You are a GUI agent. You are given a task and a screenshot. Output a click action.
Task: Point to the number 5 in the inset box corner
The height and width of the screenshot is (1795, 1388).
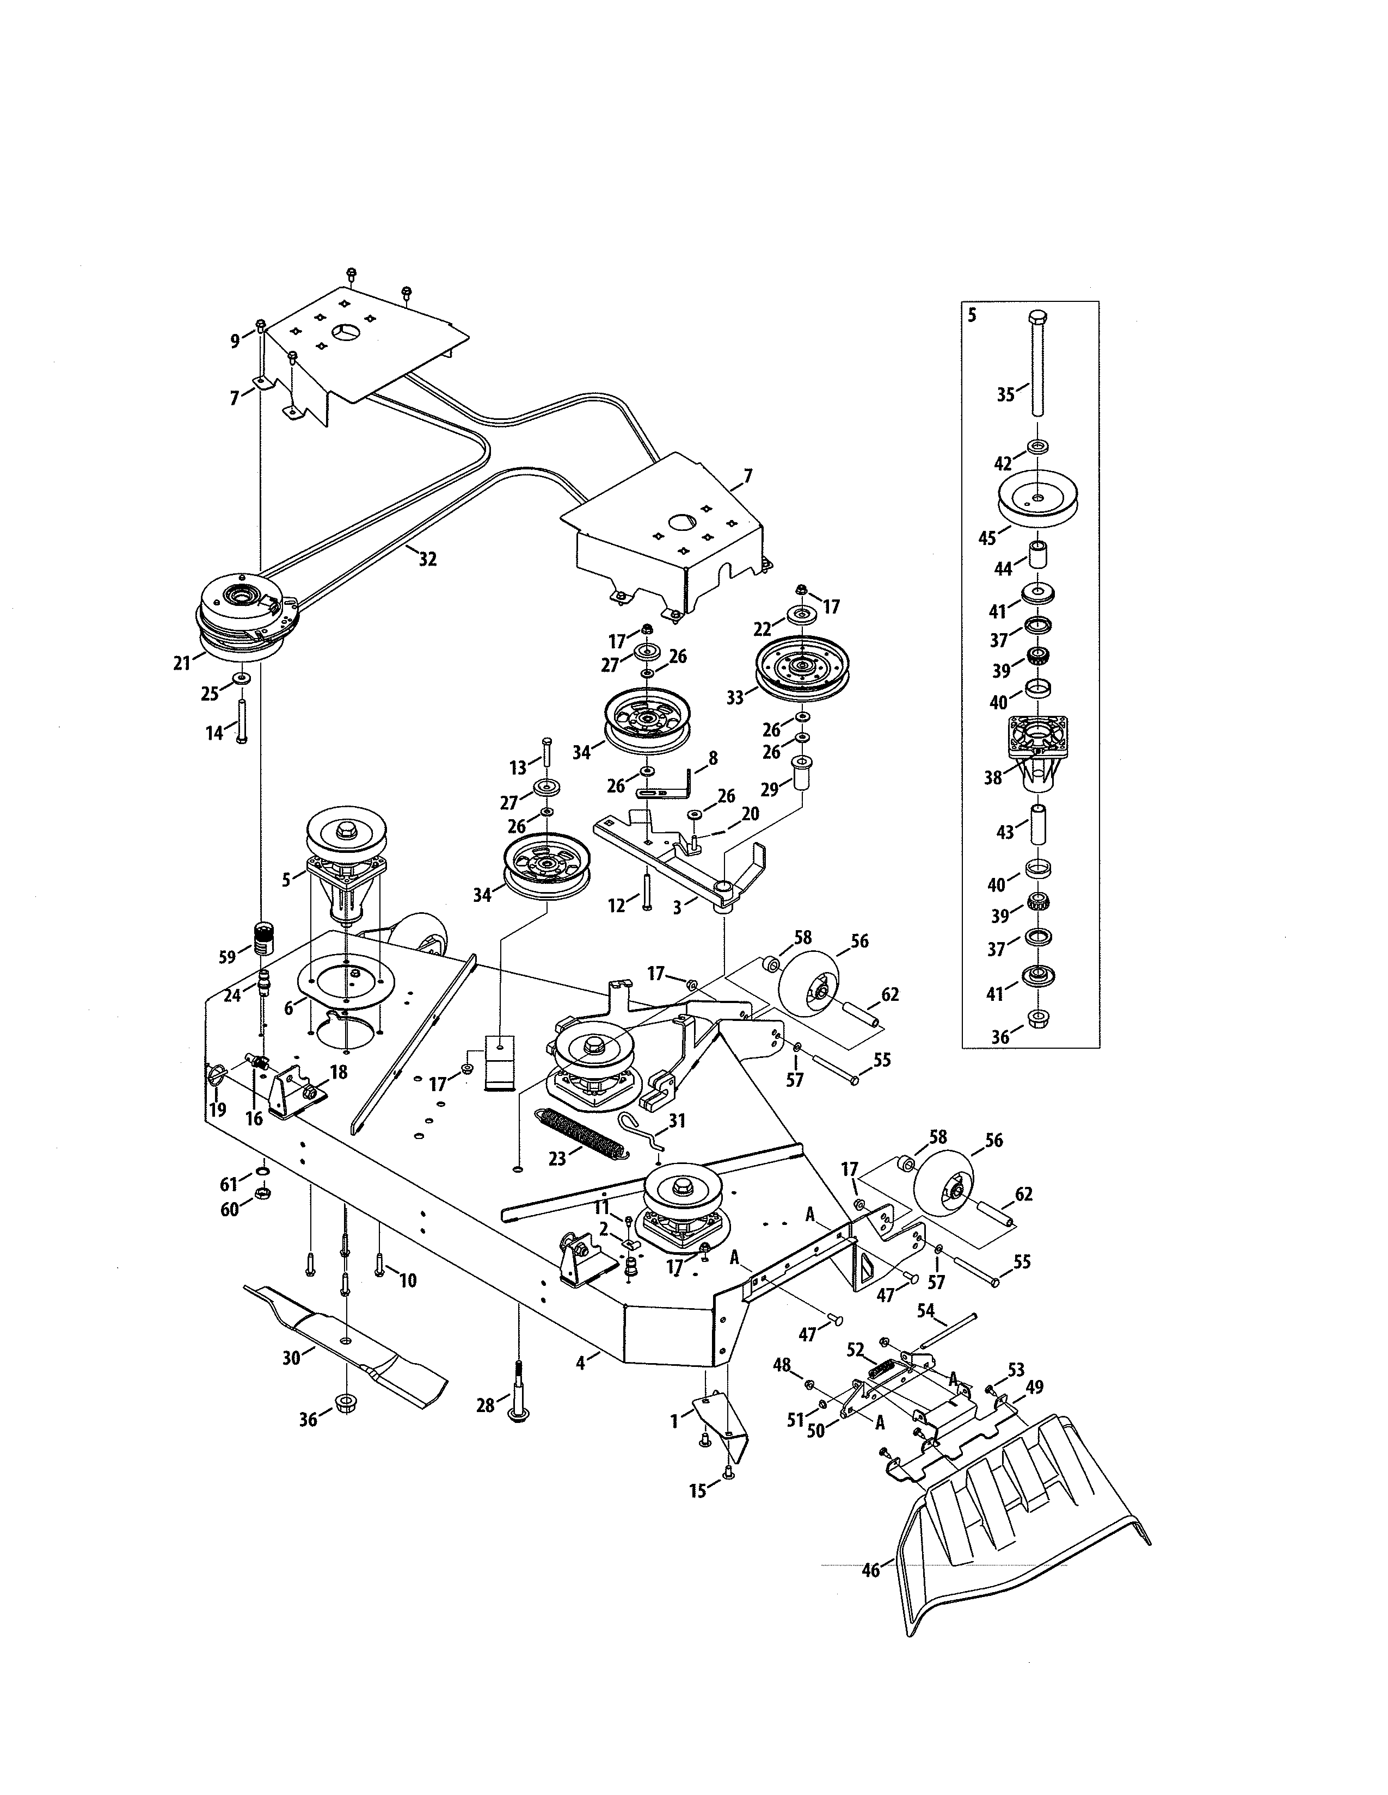click(x=972, y=315)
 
